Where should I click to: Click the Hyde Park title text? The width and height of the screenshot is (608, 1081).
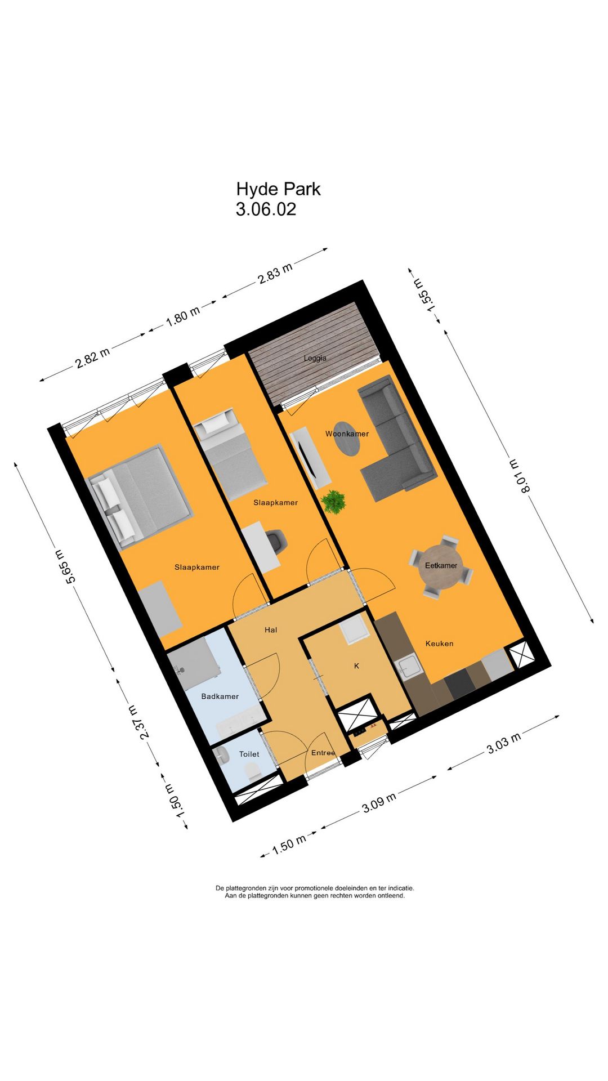[278, 189]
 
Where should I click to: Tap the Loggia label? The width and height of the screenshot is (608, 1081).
[315, 358]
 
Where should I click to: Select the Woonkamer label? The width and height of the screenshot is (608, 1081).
[347, 434]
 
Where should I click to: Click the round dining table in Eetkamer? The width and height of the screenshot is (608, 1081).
[441, 566]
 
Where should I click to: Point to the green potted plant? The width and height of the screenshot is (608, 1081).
[334, 501]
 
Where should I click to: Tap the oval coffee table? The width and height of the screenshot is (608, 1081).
[347, 439]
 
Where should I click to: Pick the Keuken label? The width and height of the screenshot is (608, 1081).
[439, 644]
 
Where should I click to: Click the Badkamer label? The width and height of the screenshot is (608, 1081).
[220, 696]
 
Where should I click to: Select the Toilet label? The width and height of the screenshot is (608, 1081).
[249, 754]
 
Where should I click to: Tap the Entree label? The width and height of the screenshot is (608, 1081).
[323, 753]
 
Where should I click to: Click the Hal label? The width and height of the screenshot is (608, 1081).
[271, 630]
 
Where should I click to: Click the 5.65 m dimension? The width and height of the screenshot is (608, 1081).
[63, 565]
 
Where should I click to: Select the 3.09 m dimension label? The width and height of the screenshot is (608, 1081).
[379, 802]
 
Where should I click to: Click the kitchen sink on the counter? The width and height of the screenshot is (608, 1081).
[409, 668]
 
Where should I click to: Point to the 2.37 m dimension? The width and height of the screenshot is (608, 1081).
[138, 722]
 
